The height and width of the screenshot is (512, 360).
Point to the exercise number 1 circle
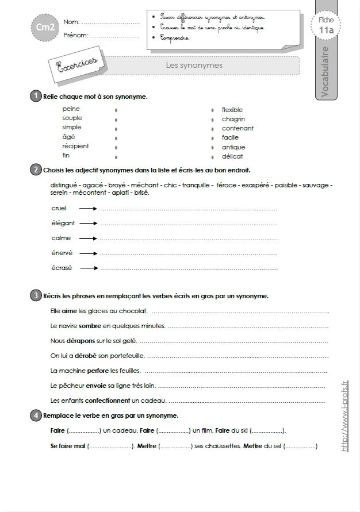(36, 96)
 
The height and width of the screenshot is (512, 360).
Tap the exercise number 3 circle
(36, 296)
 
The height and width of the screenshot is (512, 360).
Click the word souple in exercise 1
(72, 118)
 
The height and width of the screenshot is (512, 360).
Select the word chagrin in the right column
(233, 119)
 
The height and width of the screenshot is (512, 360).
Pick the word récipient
(75, 146)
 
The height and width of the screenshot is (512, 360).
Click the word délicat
(232, 156)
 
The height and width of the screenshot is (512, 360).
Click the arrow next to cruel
(88, 209)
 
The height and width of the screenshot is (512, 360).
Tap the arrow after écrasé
(88, 267)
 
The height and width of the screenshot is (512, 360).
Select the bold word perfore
(98, 371)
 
